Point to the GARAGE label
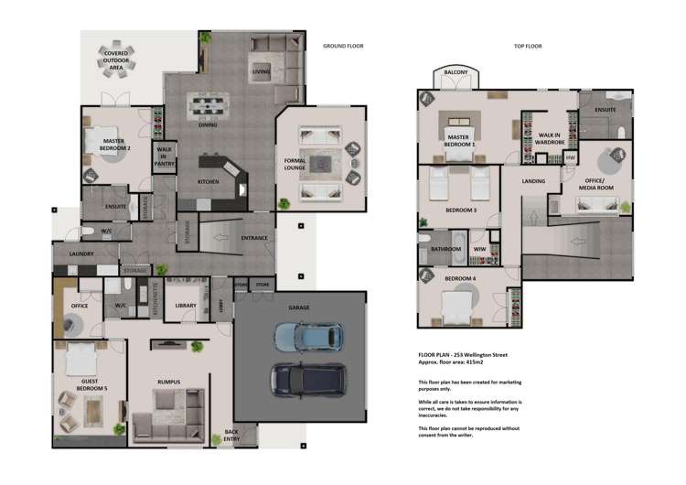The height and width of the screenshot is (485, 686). click(x=299, y=307)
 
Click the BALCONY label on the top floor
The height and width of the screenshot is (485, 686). click(x=455, y=72)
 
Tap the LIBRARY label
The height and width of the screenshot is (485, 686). click(x=187, y=305)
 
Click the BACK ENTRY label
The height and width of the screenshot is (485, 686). click(x=230, y=436)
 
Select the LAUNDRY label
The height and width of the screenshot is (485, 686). click(x=81, y=254)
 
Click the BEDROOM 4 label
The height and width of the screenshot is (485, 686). click(x=460, y=278)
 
